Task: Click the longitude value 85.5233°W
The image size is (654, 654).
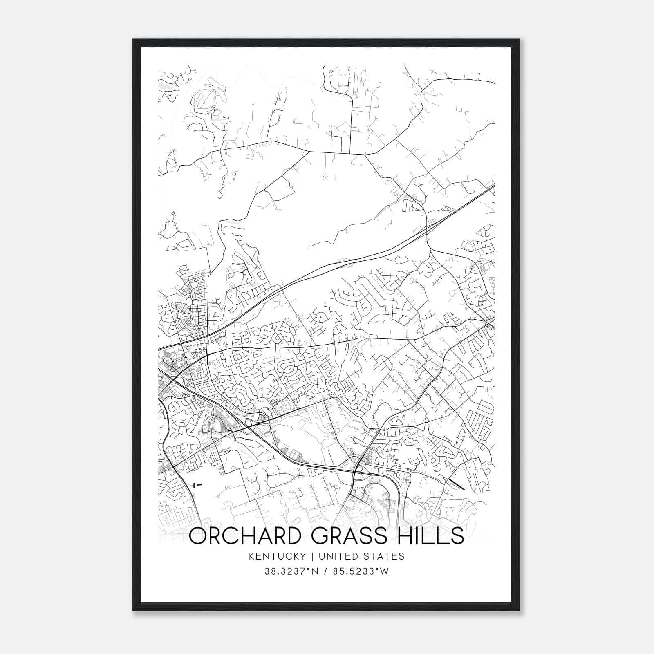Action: (360, 571)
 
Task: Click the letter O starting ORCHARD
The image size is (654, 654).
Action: (198, 536)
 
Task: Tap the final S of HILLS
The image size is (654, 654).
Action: (458, 536)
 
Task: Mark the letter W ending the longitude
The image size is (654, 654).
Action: (384, 571)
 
